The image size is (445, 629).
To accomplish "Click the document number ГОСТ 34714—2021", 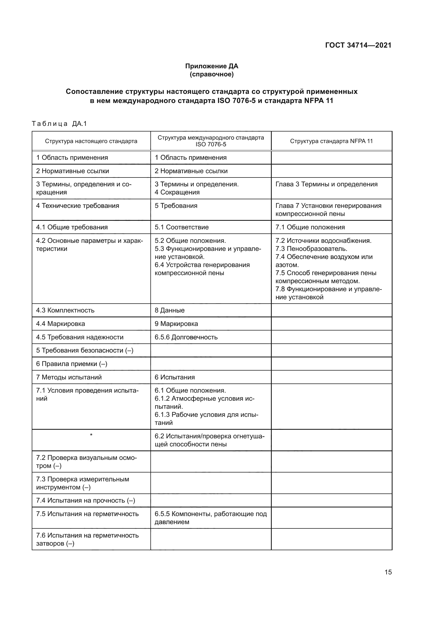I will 358,45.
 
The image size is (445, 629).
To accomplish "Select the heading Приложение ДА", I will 211,66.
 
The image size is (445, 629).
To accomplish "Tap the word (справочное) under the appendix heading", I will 211,74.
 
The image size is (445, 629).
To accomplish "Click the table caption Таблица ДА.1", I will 59,124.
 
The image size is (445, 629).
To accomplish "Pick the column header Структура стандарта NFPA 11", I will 331,141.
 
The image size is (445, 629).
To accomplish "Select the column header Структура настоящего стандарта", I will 91,141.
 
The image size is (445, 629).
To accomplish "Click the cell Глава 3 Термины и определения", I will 326,184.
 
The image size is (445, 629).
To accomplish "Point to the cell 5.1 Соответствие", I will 181,227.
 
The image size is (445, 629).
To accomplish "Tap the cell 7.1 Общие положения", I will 310,227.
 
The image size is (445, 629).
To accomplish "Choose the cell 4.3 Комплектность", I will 65,310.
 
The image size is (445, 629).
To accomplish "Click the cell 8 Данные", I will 169,310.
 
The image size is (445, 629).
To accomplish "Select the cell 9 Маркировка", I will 176,324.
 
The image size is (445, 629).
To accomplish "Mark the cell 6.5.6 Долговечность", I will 186,337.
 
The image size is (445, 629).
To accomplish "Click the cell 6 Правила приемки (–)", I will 72,364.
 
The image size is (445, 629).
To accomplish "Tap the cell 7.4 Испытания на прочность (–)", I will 86,500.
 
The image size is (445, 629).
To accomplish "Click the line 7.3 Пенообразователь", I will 311,249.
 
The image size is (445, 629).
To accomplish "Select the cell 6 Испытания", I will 175,377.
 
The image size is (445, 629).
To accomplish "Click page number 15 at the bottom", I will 388,572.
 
